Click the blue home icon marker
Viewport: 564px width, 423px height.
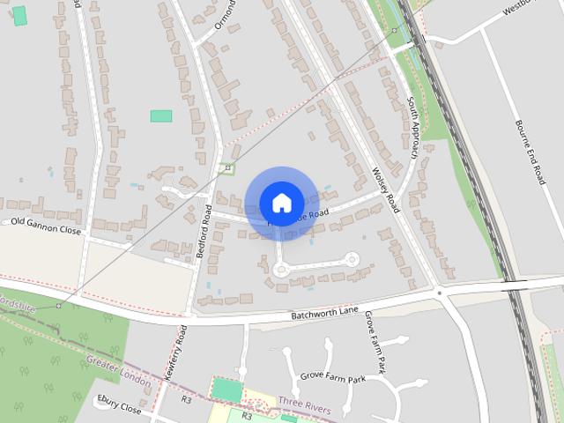pyautogui.click(x=281, y=203)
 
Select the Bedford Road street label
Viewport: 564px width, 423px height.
pyautogui.click(x=204, y=231)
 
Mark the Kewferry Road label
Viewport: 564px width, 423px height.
pyautogui.click(x=173, y=352)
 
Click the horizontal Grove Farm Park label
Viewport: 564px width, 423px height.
pyautogui.click(x=332, y=379)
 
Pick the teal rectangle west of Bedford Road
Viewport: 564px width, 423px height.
pyautogui.click(x=160, y=115)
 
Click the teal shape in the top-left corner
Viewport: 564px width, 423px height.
pyautogui.click(x=19, y=15)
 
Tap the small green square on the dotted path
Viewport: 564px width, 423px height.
pyautogui.click(x=228, y=167)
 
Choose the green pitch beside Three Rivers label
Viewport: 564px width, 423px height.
pyautogui.click(x=226, y=390)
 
